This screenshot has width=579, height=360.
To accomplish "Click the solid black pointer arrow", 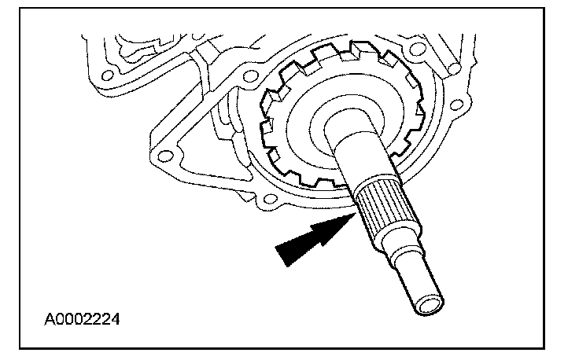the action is (314, 238).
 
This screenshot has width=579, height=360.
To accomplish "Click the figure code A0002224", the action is (82, 319).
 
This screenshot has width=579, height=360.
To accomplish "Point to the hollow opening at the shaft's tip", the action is (429, 306).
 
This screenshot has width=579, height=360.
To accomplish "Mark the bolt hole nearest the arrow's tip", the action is (271, 199).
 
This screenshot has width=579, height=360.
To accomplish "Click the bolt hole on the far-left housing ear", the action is (164, 156).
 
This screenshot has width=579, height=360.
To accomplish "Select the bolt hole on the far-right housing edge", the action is (456, 105).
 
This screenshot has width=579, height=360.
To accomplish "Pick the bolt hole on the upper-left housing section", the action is (108, 76).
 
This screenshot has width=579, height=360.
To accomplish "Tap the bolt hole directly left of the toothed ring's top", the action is (249, 77).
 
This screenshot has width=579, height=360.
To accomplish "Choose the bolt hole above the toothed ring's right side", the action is (418, 49).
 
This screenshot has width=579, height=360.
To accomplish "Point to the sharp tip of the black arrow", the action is (355, 214).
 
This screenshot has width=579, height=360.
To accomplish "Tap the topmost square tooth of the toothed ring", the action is (360, 48).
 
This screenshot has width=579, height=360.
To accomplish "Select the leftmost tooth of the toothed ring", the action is (267, 127).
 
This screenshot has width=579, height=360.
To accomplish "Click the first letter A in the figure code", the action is (49, 319).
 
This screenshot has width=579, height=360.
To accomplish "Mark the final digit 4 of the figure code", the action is (115, 319).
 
